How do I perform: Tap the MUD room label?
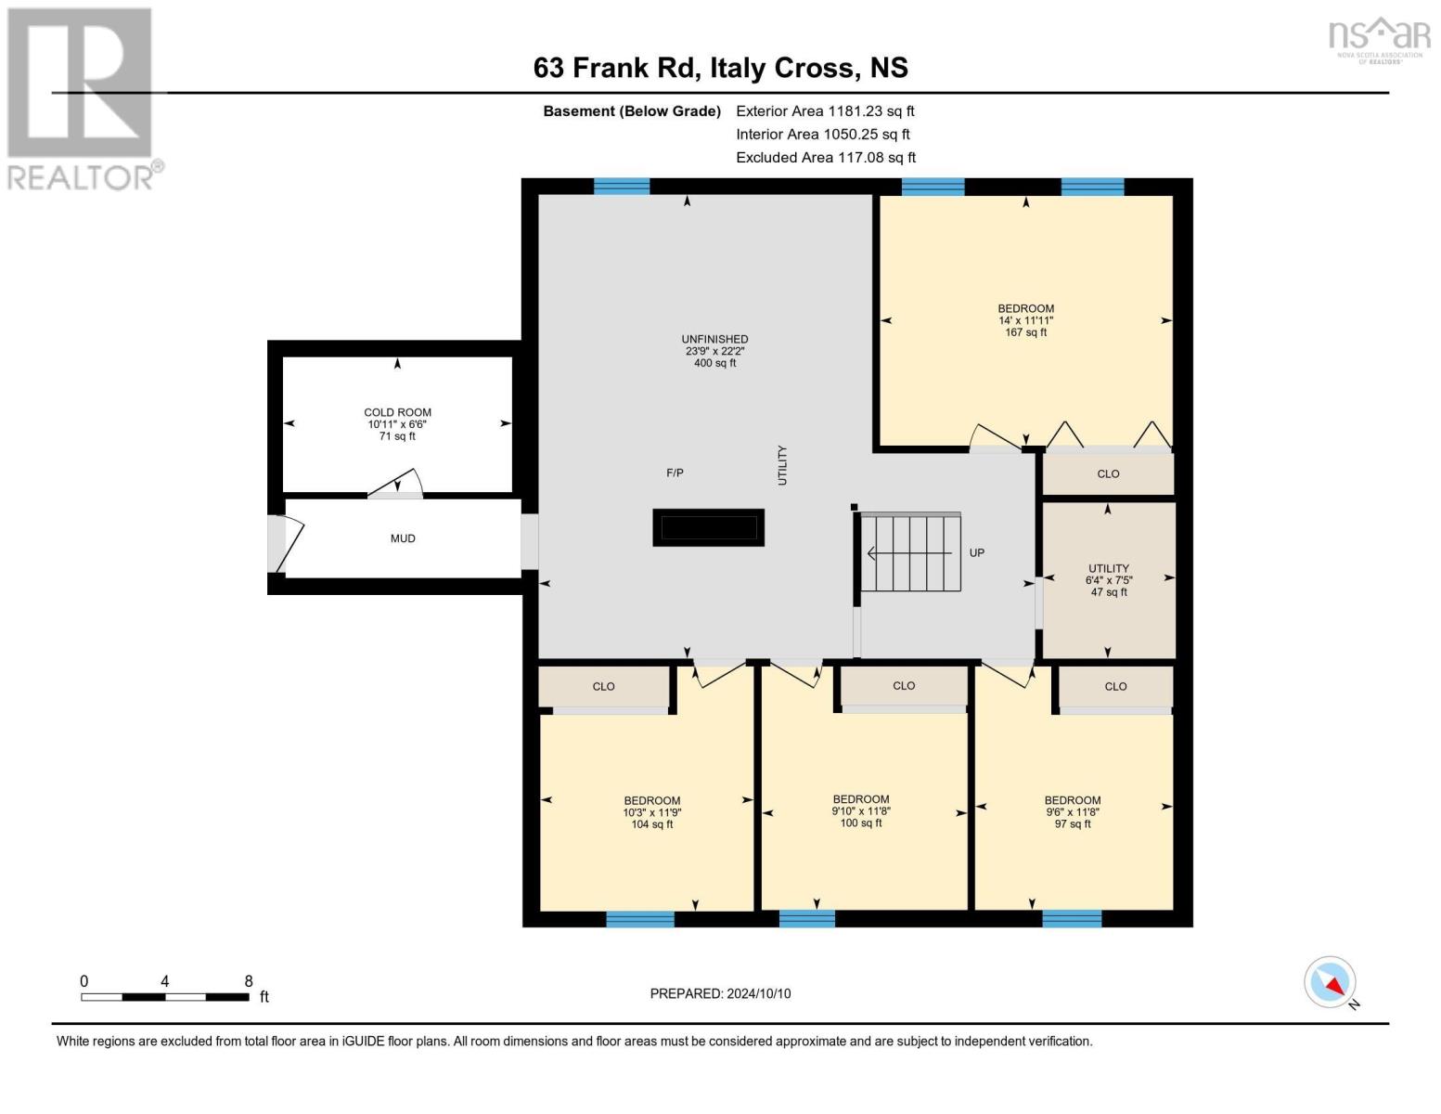tap(403, 538)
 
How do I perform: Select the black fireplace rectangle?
tap(708, 527)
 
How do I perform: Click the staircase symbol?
tap(910, 552)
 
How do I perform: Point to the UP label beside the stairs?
tap(976, 552)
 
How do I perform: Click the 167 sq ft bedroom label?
tap(1025, 320)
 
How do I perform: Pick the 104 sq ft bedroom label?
tap(651, 812)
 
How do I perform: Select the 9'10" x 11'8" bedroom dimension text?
tap(861, 811)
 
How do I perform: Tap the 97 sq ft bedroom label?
tap(1073, 812)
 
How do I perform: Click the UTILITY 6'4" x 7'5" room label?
tap(1109, 580)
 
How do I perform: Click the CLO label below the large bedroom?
tap(1108, 473)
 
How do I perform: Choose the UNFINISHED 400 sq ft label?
tap(714, 351)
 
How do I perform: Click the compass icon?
tap(1330, 982)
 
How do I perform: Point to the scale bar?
tap(165, 997)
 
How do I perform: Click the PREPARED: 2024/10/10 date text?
tap(720, 993)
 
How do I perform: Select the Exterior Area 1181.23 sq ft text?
tap(825, 110)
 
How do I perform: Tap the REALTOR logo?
tap(82, 97)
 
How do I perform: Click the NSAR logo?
tap(1379, 39)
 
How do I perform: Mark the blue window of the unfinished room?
tap(622, 187)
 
